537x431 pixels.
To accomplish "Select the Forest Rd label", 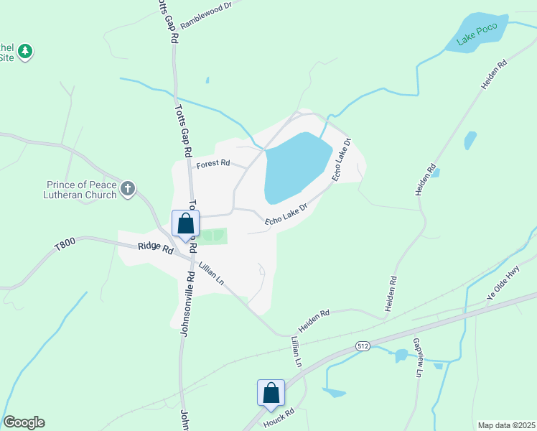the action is point(213,163).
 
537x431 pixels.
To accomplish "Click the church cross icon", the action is point(128,189).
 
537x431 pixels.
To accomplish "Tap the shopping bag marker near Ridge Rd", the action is point(185,224).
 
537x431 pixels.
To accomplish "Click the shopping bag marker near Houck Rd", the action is point(271,394).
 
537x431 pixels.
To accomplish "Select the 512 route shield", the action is point(364,346).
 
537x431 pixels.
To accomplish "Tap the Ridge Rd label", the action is point(156,249).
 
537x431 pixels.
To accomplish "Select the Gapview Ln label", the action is point(418,358).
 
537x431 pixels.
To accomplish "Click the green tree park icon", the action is point(25,52).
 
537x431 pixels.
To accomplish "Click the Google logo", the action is point(24,422).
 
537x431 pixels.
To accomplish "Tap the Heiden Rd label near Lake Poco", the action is point(495,74).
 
